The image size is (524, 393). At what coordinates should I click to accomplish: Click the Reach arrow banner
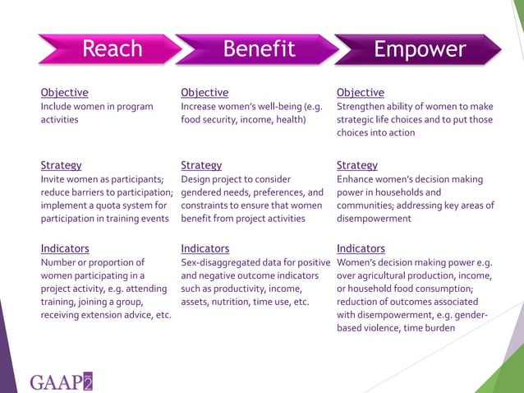(111, 49)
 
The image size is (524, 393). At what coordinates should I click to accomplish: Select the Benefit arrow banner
(259, 49)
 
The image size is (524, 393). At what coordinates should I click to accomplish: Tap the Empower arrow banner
(419, 49)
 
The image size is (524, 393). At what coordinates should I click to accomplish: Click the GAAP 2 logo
(62, 381)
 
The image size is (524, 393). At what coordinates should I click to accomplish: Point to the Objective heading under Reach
(65, 92)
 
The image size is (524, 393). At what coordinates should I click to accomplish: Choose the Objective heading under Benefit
(205, 92)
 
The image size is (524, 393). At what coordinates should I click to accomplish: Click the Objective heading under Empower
(361, 92)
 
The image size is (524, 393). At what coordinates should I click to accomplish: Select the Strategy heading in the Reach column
(61, 165)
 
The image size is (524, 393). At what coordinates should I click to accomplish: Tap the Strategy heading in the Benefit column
(201, 165)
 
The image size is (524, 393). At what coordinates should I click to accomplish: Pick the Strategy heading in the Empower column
(357, 165)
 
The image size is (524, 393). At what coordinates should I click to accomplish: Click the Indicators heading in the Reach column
(65, 248)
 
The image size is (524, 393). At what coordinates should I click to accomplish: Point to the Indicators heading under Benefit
(205, 248)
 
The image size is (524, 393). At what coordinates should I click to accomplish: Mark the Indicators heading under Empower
(361, 248)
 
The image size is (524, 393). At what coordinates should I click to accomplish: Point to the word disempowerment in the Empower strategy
(374, 219)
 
